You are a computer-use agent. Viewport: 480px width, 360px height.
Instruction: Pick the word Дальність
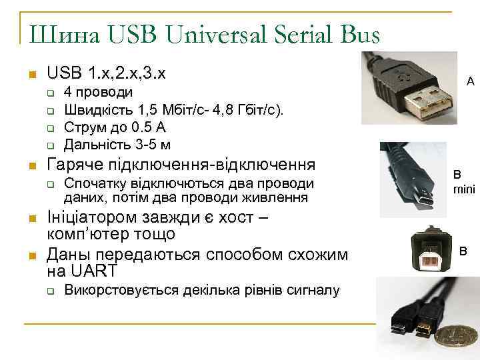[x=93, y=144]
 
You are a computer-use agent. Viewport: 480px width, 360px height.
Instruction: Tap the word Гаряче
[x=73, y=165]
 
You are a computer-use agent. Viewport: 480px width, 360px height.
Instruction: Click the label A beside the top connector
[x=470, y=82]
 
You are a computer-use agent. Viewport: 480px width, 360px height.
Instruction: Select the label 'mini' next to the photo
[x=464, y=189]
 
